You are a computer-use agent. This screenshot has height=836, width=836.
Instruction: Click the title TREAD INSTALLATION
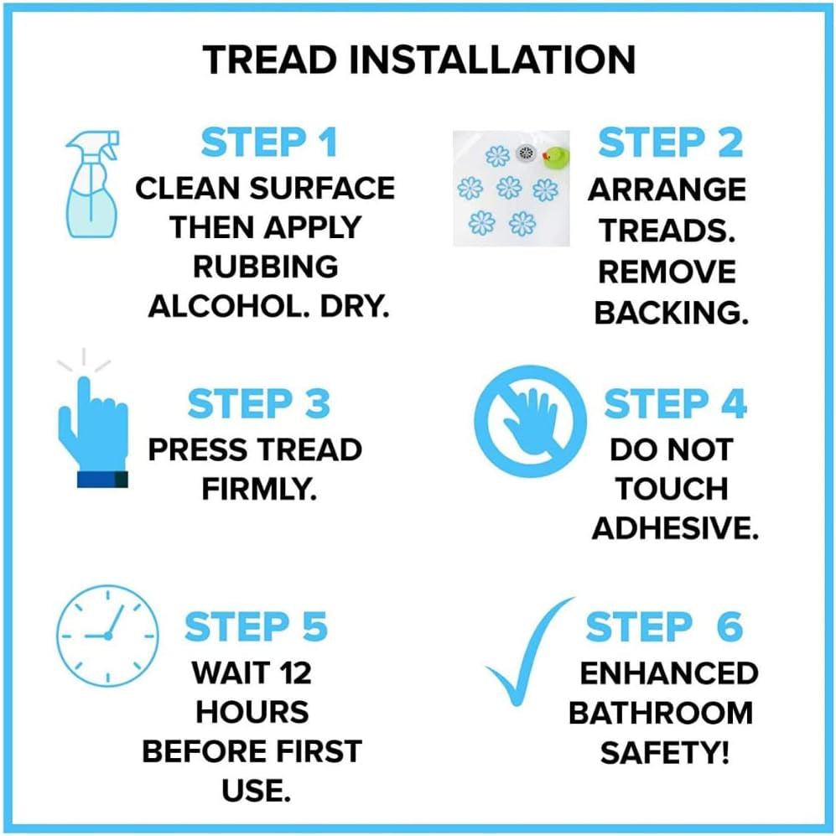click(x=418, y=60)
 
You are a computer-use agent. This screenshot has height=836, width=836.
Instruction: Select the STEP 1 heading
click(x=268, y=143)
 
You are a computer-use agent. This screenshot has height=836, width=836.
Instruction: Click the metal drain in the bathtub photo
click(x=527, y=153)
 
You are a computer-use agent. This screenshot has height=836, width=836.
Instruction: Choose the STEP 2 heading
click(x=670, y=143)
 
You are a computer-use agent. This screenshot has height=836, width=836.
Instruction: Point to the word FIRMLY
click(x=258, y=490)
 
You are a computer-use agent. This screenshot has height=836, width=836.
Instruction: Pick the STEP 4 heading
click(x=675, y=404)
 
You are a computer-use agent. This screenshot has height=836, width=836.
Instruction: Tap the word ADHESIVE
click(x=675, y=528)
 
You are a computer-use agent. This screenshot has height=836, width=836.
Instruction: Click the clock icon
click(x=107, y=635)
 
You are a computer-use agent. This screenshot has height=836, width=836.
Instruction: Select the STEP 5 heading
click(x=255, y=628)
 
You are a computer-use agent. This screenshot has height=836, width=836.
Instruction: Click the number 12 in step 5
click(x=296, y=673)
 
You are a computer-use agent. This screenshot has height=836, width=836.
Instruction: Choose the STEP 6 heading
click(x=663, y=628)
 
